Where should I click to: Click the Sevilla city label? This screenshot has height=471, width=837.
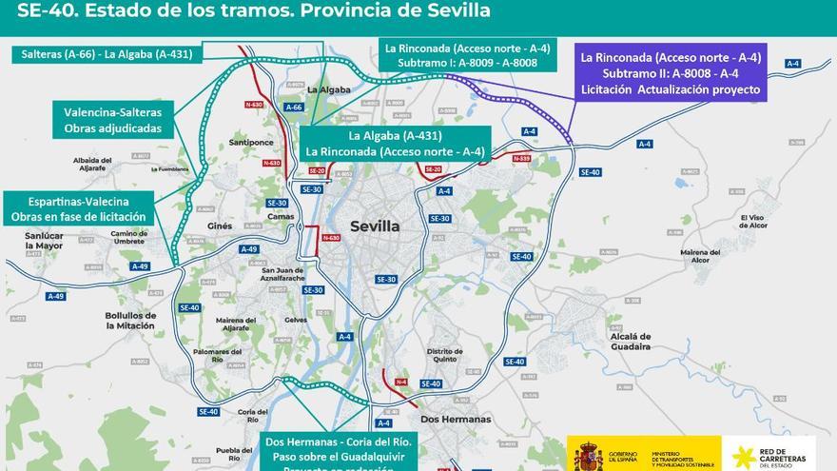(x=375, y=226)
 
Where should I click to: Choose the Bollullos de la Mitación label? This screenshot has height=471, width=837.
(x=130, y=321)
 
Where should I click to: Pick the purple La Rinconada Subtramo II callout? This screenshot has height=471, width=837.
(x=671, y=73)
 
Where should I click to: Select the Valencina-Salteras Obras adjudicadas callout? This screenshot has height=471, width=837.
(x=113, y=119)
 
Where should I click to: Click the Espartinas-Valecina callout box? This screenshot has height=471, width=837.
(x=78, y=208)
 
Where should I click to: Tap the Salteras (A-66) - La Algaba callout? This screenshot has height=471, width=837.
(x=107, y=54)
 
